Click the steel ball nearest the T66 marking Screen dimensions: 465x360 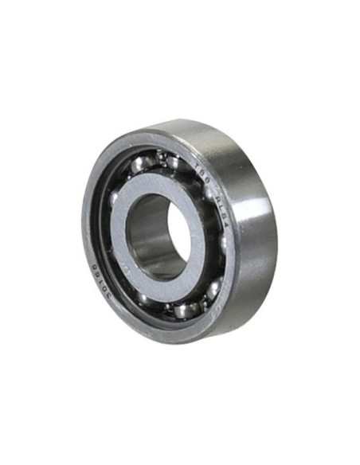tap(177, 163)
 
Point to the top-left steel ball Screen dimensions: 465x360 tap(139, 166)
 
